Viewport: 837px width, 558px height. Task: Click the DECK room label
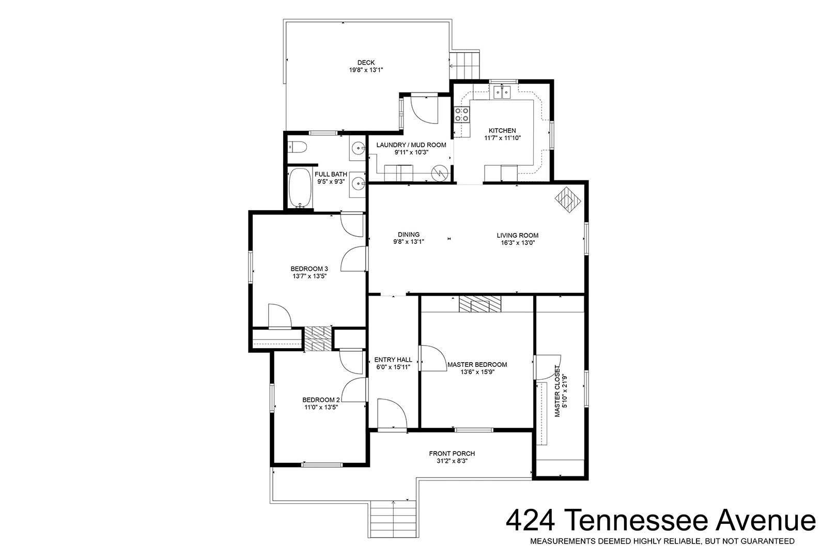366,63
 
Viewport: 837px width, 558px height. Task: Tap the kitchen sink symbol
502,91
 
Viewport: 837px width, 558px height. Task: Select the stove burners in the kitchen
461,114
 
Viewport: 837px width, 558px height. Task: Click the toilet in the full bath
298,147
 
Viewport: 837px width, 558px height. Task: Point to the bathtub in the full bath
300,188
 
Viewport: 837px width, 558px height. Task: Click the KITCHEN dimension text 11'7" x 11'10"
502,138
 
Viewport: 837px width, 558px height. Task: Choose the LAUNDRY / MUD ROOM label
411,145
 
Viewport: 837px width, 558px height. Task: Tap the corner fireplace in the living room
568,199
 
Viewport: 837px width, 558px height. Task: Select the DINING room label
408,235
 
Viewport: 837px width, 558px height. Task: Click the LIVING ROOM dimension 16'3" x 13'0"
518,242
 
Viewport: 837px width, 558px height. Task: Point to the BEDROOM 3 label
309,269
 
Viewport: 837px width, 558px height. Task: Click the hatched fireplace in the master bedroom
480,304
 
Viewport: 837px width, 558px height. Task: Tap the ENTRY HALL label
393,360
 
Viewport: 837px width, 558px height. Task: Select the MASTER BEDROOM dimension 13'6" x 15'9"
477,372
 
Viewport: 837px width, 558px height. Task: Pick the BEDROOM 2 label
321,400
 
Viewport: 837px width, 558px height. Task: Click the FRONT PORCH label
452,453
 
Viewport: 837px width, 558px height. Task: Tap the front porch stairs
393,519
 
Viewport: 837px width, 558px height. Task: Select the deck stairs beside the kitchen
464,66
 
